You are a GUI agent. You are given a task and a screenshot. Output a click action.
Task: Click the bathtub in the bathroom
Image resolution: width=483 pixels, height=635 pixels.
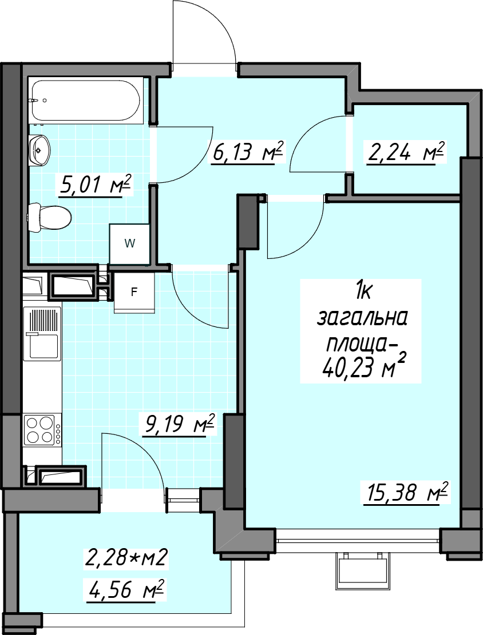point(86,101)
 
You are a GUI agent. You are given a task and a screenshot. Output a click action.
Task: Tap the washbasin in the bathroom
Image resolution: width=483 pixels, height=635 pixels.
point(39,150)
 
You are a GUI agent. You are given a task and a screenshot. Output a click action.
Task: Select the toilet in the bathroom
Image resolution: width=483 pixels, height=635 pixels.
point(49,218)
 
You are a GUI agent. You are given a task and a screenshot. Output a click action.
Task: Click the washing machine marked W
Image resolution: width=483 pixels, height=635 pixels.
point(129,243)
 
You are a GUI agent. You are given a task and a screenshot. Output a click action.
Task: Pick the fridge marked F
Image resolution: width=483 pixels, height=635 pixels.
point(134,292)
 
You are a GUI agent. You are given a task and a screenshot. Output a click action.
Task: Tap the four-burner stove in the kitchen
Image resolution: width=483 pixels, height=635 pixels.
point(42,430)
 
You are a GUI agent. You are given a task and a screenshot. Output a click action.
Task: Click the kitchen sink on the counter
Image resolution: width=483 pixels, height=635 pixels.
point(42,333)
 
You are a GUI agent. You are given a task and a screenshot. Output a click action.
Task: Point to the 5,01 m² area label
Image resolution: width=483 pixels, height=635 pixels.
point(96,185)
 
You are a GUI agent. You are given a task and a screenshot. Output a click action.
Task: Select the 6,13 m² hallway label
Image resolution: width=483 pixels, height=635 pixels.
point(246,152)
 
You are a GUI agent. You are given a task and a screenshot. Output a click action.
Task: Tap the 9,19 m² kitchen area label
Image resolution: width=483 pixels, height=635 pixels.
point(177,425)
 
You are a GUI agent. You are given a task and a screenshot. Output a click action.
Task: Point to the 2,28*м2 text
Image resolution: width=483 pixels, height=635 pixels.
point(126,558)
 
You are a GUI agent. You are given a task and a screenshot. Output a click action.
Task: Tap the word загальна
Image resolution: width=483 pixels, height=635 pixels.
point(362,319)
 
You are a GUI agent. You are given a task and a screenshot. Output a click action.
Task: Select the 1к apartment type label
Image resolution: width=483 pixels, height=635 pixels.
point(363,292)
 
